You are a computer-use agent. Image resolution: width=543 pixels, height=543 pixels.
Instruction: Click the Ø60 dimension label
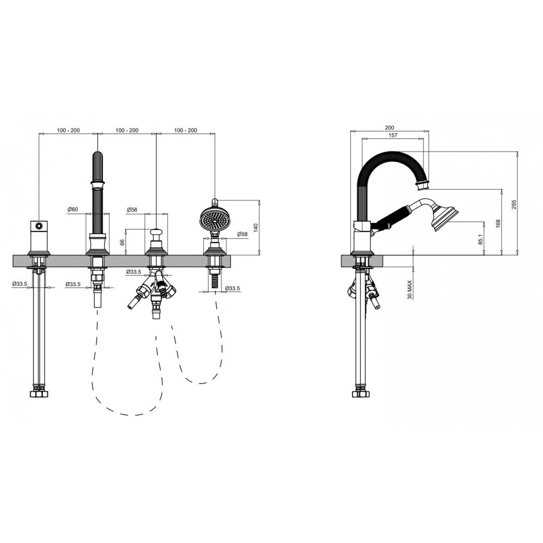(x=73, y=209)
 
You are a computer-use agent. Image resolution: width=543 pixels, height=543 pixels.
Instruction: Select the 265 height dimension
(x=514, y=204)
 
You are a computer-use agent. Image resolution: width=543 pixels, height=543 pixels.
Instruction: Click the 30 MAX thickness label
(x=409, y=289)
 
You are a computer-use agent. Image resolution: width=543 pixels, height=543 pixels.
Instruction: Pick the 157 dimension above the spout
(x=393, y=135)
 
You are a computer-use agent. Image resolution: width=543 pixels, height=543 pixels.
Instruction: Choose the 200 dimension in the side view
(x=389, y=128)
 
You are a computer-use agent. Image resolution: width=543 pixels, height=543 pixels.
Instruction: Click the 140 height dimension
(x=256, y=228)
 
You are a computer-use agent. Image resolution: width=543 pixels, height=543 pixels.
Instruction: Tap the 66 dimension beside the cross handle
(x=122, y=242)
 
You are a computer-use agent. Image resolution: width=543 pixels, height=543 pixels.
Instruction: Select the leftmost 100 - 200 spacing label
(x=68, y=130)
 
